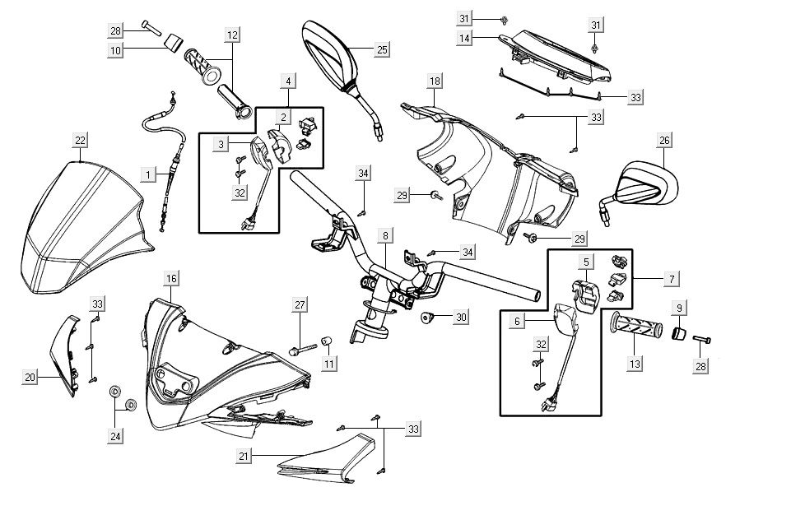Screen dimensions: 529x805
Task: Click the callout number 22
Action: (80, 140)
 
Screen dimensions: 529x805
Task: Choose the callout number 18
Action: (435, 81)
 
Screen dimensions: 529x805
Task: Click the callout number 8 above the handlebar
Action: (384, 236)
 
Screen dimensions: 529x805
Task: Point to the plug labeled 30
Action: (427, 317)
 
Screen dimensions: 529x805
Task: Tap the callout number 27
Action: (301, 305)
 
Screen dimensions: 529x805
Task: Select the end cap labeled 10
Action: (171, 43)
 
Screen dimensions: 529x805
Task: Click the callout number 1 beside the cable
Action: (147, 174)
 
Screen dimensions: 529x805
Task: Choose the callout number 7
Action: (672, 280)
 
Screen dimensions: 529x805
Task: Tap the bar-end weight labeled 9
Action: (680, 333)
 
